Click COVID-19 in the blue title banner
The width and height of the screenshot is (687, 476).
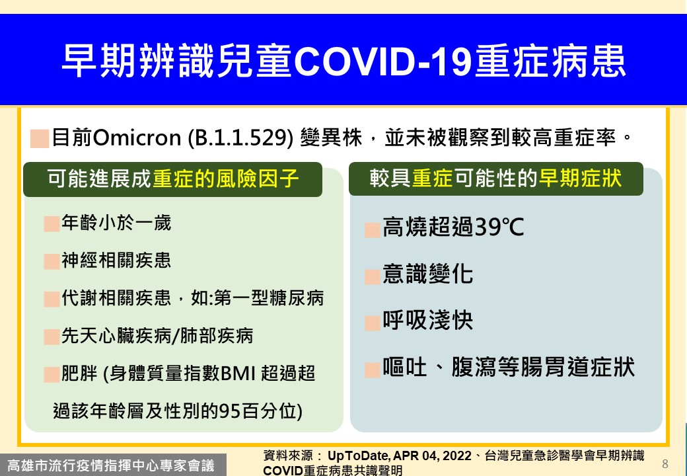tap(382, 61)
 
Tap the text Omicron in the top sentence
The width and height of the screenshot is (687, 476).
tap(137, 138)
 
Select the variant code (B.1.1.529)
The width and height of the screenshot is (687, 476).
tap(240, 138)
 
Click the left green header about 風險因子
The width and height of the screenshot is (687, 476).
tap(172, 178)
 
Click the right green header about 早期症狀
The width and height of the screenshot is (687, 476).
tap(496, 178)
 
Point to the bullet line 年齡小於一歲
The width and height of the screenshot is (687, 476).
tap(116, 223)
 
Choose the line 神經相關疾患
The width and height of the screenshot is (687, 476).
tap(116, 260)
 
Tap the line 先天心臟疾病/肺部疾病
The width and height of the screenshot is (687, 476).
tap(157, 336)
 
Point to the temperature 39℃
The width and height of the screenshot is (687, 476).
tap(499, 227)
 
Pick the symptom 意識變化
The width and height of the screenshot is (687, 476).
tap(427, 274)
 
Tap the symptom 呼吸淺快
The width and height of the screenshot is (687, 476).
tap(427, 320)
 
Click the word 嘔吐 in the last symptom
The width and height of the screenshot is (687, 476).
tap(405, 367)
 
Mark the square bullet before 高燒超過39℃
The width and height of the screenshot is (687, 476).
tap(373, 230)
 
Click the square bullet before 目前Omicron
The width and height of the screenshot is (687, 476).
tap(40, 139)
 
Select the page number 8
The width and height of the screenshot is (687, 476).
tap(665, 463)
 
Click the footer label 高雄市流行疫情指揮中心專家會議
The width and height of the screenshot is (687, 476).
tap(111, 465)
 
